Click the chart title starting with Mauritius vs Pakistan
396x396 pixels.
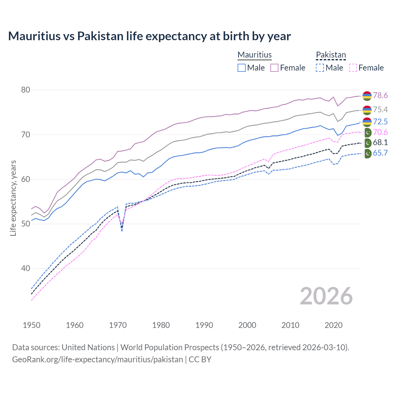pyautogui.click(x=149, y=36)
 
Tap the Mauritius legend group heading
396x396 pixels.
pyautogui.click(x=255, y=55)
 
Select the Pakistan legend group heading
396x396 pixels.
pyautogui.click(x=331, y=55)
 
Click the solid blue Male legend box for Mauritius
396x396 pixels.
pyautogui.click(x=242, y=68)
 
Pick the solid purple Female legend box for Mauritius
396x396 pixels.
pyautogui.click(x=274, y=68)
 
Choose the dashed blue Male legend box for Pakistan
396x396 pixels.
pyautogui.click(x=320, y=68)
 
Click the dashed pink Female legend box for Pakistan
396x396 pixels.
pyautogui.click(x=353, y=68)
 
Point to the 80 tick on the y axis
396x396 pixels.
pyautogui.click(x=26, y=90)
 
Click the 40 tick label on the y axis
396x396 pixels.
pyautogui.click(x=26, y=269)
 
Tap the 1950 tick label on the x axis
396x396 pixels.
pyautogui.click(x=32, y=325)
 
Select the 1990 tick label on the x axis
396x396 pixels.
pyautogui.click(x=204, y=325)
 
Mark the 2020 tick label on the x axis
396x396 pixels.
pyautogui.click(x=334, y=325)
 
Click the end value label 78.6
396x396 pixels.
pyautogui.click(x=380, y=96)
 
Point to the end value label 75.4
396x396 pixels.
pyautogui.click(x=380, y=110)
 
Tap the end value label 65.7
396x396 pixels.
pyautogui.click(x=380, y=153)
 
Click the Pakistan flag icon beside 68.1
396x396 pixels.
pyautogui.click(x=367, y=143)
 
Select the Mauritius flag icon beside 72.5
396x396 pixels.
pyautogui.click(x=367, y=122)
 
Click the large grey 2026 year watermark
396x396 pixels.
pyautogui.click(x=326, y=296)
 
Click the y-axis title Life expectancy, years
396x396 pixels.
pyautogui.click(x=13, y=198)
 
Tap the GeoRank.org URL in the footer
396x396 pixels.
pyautogui.click(x=97, y=359)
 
